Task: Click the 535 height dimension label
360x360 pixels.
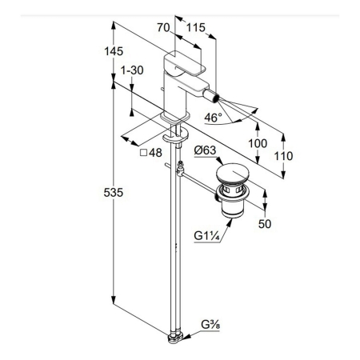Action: (114, 192)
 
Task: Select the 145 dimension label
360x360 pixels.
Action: (114, 51)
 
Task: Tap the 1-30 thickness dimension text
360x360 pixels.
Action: (132, 70)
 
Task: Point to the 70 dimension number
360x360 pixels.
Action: (163, 27)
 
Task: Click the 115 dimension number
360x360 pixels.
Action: (196, 27)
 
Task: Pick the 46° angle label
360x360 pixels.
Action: (213, 118)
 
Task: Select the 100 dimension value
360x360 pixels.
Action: (258, 143)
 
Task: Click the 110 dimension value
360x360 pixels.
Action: (283, 156)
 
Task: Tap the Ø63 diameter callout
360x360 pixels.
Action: (205, 150)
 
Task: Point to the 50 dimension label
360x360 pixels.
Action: (265, 224)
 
